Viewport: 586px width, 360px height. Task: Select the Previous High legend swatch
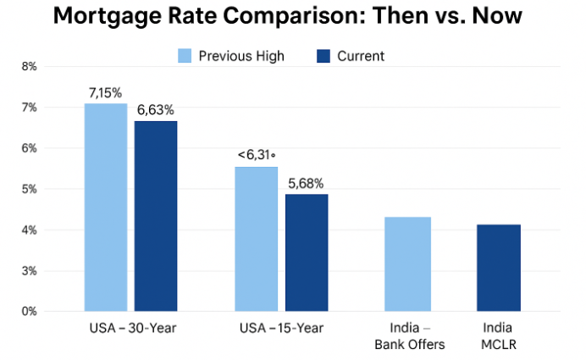coord(185,57)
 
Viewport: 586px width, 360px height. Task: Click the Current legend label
coord(360,57)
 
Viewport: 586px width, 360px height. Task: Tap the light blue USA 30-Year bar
coord(106,207)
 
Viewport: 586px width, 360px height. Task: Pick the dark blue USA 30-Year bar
coord(156,216)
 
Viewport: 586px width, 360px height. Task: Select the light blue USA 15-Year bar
coord(257,239)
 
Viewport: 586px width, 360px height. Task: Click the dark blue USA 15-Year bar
coord(306,252)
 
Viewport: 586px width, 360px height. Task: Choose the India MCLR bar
coord(498,268)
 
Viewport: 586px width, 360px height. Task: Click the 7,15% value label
coord(106,91)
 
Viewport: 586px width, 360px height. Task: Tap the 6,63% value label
coord(156,109)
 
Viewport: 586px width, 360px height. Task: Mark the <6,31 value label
coord(257,155)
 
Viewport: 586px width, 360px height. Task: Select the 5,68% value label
coord(306,182)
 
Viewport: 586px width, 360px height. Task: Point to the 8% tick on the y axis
coord(29,66)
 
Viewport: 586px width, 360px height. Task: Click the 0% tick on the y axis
coord(29,312)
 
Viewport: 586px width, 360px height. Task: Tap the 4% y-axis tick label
coord(29,230)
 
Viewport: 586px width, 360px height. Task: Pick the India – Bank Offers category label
coord(410,335)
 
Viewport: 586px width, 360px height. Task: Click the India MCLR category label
coord(499,335)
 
